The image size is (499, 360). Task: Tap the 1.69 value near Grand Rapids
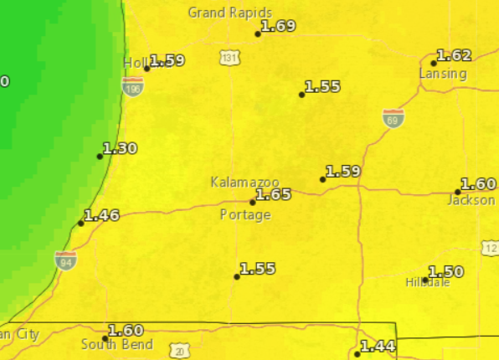tap(279, 26)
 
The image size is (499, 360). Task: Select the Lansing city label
tap(442, 74)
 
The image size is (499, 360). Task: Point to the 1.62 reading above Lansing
tap(455, 55)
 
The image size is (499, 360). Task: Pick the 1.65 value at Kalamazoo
tap(273, 194)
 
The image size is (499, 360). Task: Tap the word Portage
tap(245, 215)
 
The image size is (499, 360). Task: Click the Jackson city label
tap(466, 200)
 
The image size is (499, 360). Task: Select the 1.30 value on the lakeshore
tap(120, 148)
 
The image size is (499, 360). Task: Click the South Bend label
tap(117, 344)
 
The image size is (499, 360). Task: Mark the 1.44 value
tap(378, 346)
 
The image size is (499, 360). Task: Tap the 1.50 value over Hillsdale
tap(445, 271)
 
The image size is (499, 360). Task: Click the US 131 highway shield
tap(229, 58)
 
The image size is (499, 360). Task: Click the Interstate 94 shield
tap(65, 260)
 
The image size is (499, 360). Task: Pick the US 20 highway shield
tap(180, 351)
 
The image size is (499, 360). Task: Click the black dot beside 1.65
tap(253, 202)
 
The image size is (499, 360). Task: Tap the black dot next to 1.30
tap(100, 156)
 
